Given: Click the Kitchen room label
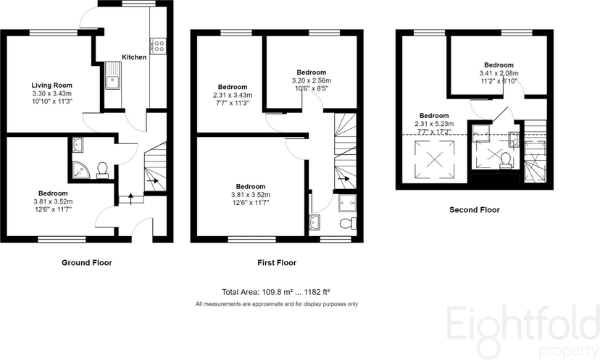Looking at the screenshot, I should point(134,57).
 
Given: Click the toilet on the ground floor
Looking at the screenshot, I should point(103,169).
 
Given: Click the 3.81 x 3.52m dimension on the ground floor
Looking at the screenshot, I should point(53,201).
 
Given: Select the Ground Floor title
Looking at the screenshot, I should point(86,263).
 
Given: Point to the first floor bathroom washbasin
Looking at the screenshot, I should point(316,221).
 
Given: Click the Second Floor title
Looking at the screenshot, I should point(474,210).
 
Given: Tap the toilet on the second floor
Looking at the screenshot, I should point(504,160).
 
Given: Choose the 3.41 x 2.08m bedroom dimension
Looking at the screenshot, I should point(499,73).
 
